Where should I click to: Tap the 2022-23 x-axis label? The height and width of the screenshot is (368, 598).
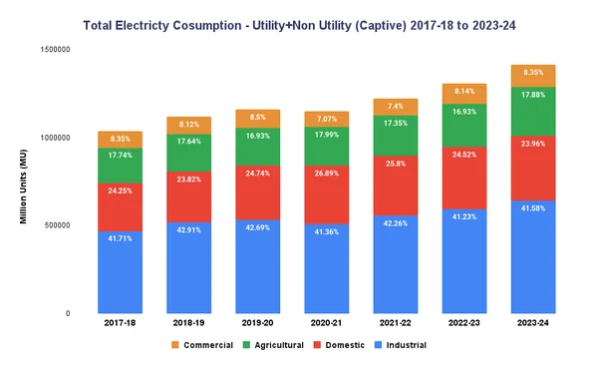coord(465,324)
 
